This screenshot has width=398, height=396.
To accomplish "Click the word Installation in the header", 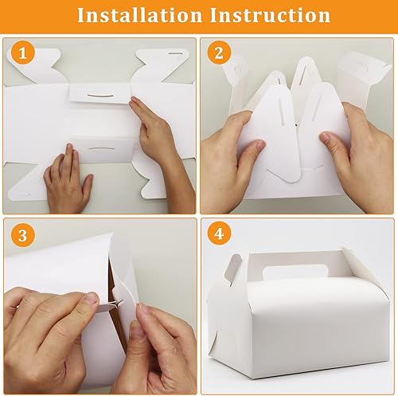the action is click(139, 15).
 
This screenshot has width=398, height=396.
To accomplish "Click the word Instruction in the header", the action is click(270, 15).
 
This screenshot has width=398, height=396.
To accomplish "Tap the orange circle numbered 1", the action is click(23, 53).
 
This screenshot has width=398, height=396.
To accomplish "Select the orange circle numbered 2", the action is click(219, 53).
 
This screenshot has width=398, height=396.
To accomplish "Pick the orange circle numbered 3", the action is click(23, 235).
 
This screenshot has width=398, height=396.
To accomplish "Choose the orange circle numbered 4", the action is click(219, 234).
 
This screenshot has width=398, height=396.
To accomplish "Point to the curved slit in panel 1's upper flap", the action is click(101, 96).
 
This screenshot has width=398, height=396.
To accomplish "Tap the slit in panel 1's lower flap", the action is click(102, 148).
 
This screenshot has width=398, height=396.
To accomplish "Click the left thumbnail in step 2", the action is click(259, 146).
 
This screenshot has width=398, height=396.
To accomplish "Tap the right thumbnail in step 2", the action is click(326, 138).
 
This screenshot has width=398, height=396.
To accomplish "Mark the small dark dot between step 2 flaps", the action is click(296, 124).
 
